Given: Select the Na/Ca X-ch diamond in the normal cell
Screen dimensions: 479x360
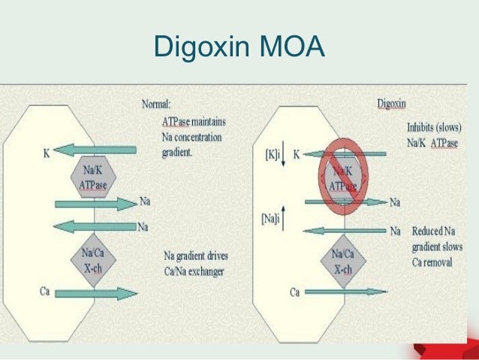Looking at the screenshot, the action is coord(92,259).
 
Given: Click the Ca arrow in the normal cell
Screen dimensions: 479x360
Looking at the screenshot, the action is coord(98,293).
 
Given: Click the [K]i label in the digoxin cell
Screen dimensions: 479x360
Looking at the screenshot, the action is coord(273,154).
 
